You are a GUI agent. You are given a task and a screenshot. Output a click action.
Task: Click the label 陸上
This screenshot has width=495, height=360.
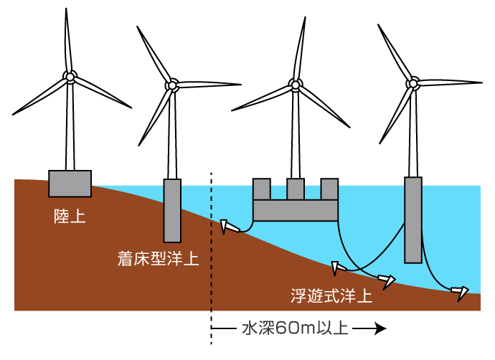[x=70, y=215]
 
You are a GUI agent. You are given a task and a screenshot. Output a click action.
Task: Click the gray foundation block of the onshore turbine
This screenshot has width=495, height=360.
[x=70, y=183]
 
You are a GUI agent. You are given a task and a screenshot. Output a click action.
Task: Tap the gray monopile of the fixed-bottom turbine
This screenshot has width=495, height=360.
[x=172, y=209]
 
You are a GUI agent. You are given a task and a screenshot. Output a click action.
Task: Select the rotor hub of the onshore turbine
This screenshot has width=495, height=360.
[x=70, y=76]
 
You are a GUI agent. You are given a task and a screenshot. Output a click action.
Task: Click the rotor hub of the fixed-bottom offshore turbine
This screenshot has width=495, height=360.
[x=172, y=85]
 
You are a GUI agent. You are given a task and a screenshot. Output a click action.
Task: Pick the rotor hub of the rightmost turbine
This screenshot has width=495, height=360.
[x=413, y=83]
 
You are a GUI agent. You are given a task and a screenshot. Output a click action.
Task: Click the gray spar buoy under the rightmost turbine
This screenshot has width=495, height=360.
[x=412, y=219]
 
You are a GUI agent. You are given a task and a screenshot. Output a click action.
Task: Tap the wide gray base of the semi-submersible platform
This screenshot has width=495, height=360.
[x=295, y=210]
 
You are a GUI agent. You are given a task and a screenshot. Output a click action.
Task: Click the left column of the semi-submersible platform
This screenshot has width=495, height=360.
[x=261, y=189]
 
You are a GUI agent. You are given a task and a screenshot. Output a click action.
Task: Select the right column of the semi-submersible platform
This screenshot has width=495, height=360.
[x=329, y=189]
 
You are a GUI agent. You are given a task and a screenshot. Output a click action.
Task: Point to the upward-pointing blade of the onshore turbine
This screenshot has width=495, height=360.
[x=67, y=39]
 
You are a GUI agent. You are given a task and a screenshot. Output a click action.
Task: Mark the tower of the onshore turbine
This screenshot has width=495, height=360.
[x=70, y=129]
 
